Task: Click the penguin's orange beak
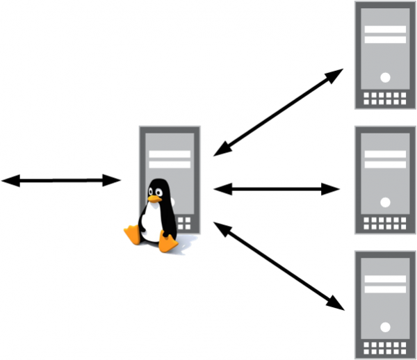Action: click(154, 199)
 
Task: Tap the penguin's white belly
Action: click(151, 222)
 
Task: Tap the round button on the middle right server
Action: click(385, 202)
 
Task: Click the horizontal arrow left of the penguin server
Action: click(61, 181)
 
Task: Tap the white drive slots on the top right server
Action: click(385, 35)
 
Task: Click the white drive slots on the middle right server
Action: click(385, 160)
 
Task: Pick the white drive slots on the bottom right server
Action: click(385, 284)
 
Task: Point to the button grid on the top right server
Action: click(385, 99)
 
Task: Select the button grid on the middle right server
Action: click(385, 224)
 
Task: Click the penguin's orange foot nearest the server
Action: click(168, 243)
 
